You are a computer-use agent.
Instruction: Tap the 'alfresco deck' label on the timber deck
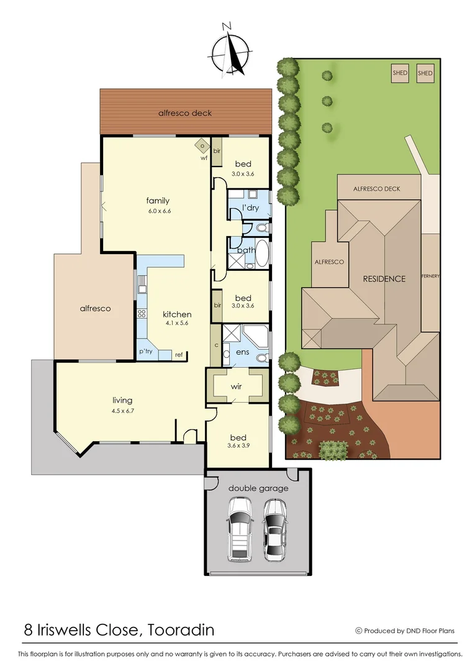click(x=185, y=113)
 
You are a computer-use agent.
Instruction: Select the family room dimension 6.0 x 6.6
click(x=159, y=211)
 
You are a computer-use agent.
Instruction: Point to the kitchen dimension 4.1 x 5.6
click(x=177, y=324)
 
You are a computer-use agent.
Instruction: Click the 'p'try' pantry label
click(x=146, y=352)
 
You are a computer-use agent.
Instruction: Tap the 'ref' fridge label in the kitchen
click(x=179, y=355)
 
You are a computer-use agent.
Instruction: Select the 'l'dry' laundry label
click(x=250, y=208)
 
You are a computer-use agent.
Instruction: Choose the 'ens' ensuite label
click(x=242, y=352)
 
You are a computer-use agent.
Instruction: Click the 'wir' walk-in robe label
click(x=237, y=386)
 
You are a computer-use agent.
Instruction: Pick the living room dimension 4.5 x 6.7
click(x=122, y=411)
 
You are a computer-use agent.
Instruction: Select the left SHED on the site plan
click(x=400, y=73)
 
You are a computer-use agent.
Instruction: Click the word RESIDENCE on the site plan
click(x=384, y=279)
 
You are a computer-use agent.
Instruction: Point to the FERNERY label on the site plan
click(x=430, y=275)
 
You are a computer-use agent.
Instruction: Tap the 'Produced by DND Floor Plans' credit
click(x=409, y=631)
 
